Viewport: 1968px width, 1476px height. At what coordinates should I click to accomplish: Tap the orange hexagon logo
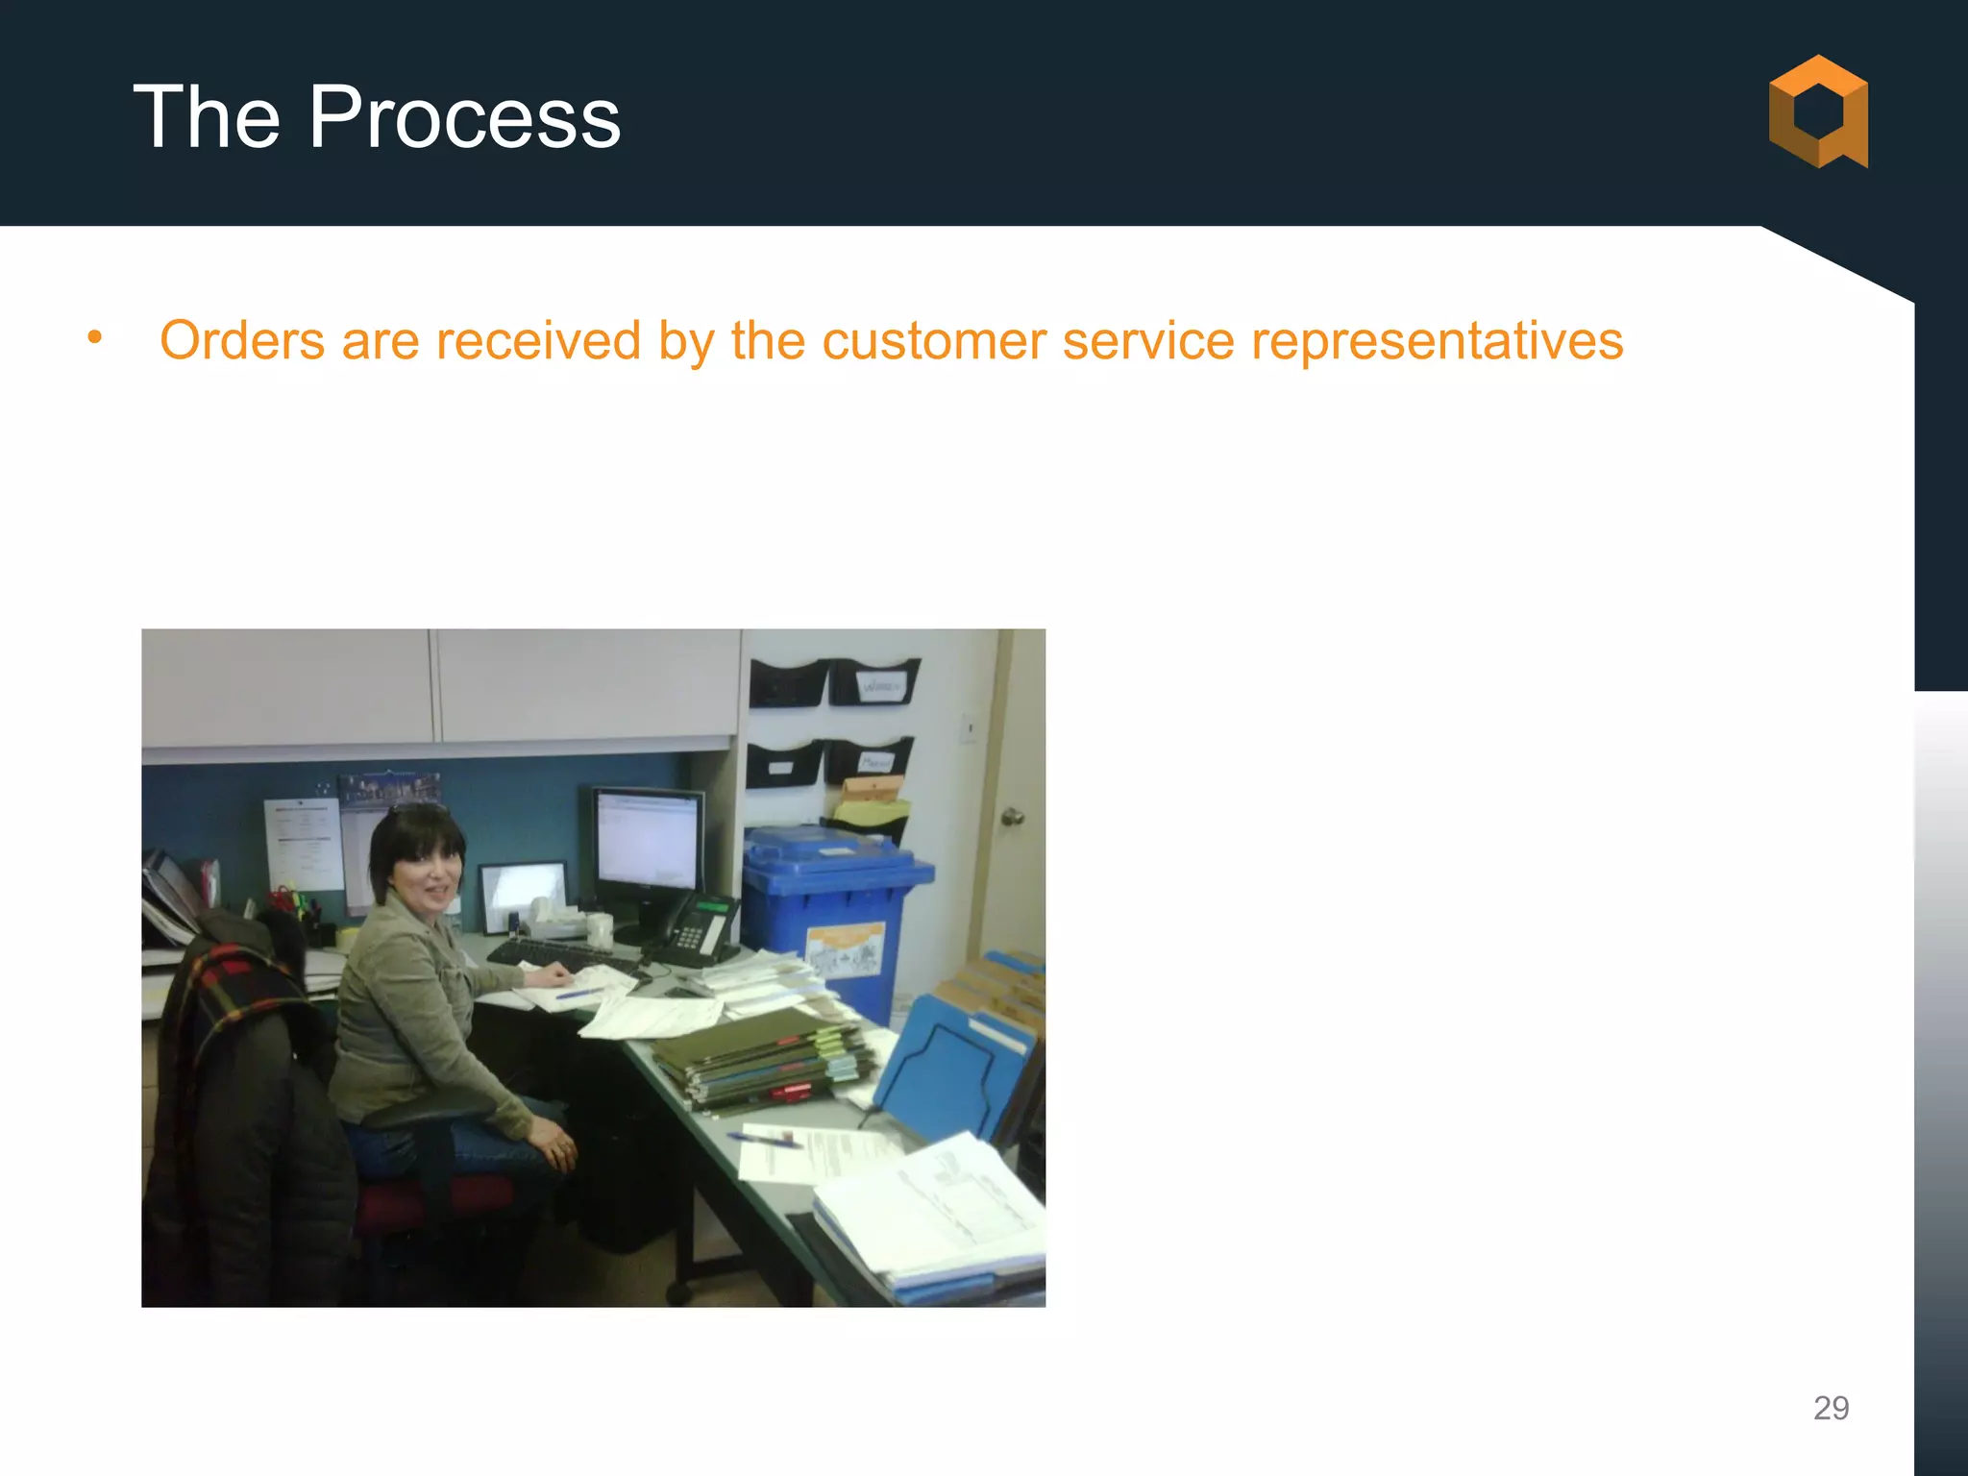tap(1818, 111)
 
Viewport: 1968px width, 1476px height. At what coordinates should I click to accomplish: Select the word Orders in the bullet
tap(242, 340)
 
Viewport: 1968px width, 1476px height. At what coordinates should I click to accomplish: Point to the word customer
tap(933, 340)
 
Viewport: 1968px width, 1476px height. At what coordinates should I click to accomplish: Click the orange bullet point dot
tap(94, 337)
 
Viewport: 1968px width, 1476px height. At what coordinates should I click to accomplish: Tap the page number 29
tap(1831, 1408)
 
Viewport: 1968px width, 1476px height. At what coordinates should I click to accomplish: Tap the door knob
tap(1012, 817)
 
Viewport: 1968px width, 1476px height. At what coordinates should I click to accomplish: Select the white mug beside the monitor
tap(600, 930)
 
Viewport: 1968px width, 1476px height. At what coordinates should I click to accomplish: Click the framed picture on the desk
tap(524, 894)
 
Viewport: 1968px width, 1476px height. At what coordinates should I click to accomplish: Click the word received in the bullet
tap(538, 340)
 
